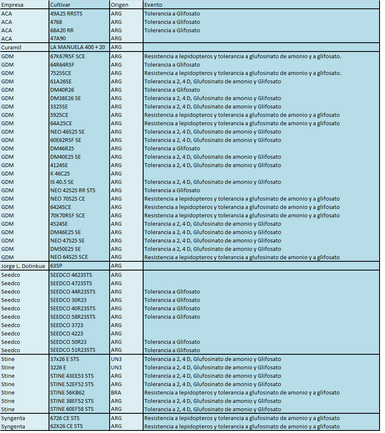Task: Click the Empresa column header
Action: click(x=13, y=5)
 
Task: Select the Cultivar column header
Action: click(x=60, y=5)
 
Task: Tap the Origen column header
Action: click(x=120, y=5)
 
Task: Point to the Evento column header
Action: click(x=154, y=5)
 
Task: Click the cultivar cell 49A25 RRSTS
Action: click(x=66, y=13)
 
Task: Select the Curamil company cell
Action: click(x=11, y=47)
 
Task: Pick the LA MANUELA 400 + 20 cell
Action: click(x=77, y=47)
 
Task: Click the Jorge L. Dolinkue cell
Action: click(x=23, y=266)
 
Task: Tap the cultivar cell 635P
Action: click(x=56, y=266)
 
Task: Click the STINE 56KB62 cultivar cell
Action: click(x=67, y=392)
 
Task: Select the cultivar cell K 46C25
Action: click(x=60, y=173)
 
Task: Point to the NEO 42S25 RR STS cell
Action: click(x=73, y=190)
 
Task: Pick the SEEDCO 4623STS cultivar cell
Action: click(x=71, y=275)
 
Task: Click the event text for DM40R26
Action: click(x=172, y=90)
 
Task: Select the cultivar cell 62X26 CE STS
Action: click(x=67, y=426)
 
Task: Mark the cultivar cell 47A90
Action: click(x=58, y=39)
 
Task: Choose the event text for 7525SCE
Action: click(x=242, y=73)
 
